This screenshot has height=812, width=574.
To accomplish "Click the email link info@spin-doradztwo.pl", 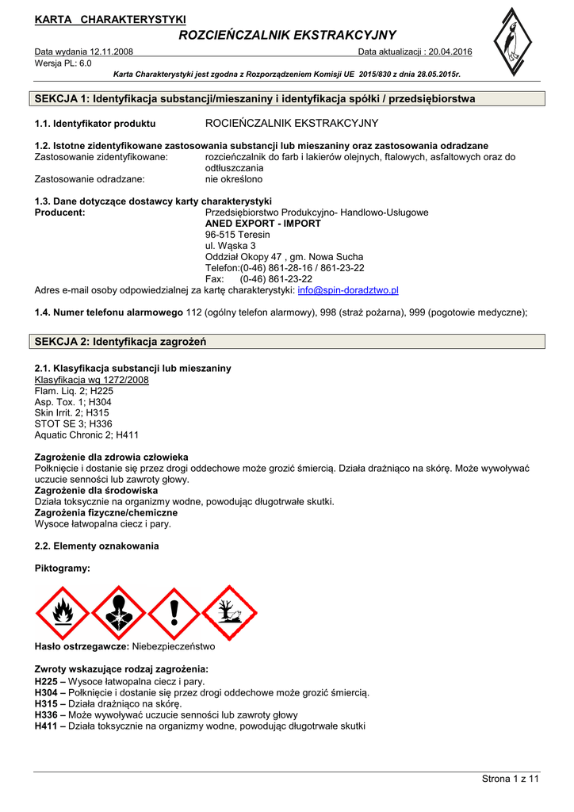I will click(x=348, y=290).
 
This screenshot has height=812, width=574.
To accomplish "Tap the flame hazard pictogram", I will click(x=63, y=612).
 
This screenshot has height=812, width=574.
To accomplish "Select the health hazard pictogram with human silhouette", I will click(x=118, y=612).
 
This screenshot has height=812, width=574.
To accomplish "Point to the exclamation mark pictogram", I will click(x=174, y=612).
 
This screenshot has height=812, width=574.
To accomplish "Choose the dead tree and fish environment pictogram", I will click(x=229, y=612).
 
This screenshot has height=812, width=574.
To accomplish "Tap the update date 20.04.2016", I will click(x=450, y=52).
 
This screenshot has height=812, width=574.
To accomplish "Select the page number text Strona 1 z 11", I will click(x=510, y=779).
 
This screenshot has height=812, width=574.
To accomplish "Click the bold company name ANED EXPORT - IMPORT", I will click(x=262, y=224).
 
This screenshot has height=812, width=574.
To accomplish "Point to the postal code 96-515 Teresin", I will click(x=237, y=235).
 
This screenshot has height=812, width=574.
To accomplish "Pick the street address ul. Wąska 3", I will click(x=230, y=246).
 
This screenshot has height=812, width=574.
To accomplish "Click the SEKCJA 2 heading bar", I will click(x=289, y=341).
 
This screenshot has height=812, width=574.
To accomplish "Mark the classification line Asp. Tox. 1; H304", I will click(x=74, y=402).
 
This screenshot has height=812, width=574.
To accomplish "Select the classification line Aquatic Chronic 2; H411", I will click(x=86, y=435).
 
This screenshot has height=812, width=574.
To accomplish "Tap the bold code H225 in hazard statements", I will click(x=47, y=681).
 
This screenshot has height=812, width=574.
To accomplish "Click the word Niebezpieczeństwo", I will click(x=173, y=646).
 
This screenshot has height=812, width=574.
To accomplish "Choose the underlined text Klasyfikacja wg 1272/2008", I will click(x=91, y=380).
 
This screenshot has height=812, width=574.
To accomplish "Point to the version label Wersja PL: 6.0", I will click(x=63, y=63).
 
